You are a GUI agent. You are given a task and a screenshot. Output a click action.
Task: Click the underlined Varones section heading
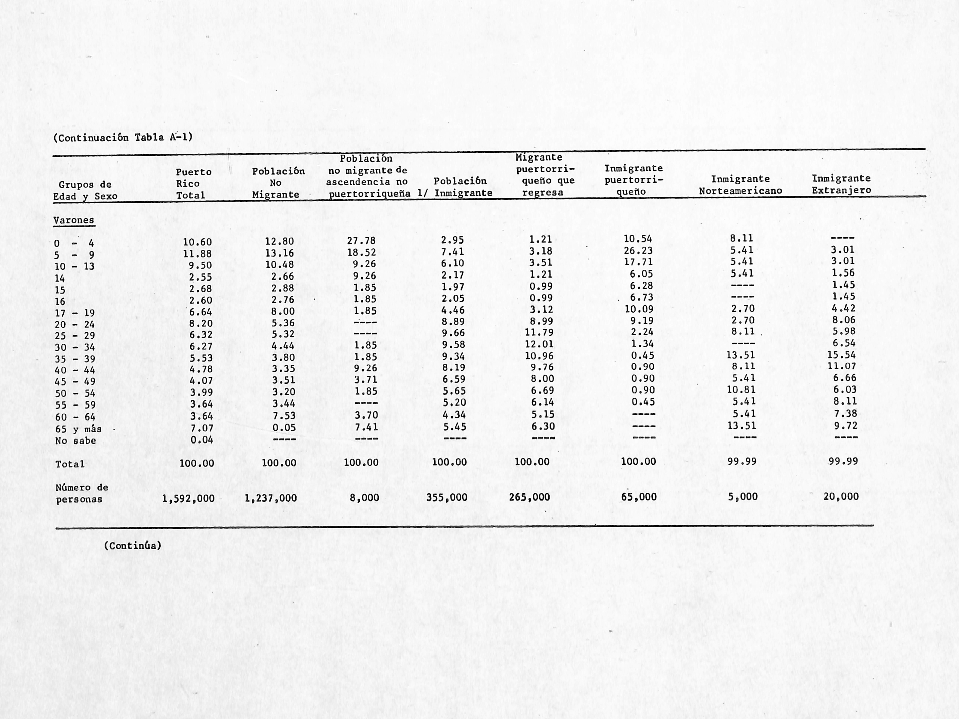[74, 220]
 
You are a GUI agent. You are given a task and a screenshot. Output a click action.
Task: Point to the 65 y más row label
[78, 429]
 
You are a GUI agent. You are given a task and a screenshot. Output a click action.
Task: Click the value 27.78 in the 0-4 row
[361, 241]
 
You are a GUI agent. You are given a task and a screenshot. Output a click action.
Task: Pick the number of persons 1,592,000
[188, 499]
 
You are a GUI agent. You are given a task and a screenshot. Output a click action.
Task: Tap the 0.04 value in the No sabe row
[202, 440]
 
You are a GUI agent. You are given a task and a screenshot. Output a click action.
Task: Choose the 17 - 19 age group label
[75, 313]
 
